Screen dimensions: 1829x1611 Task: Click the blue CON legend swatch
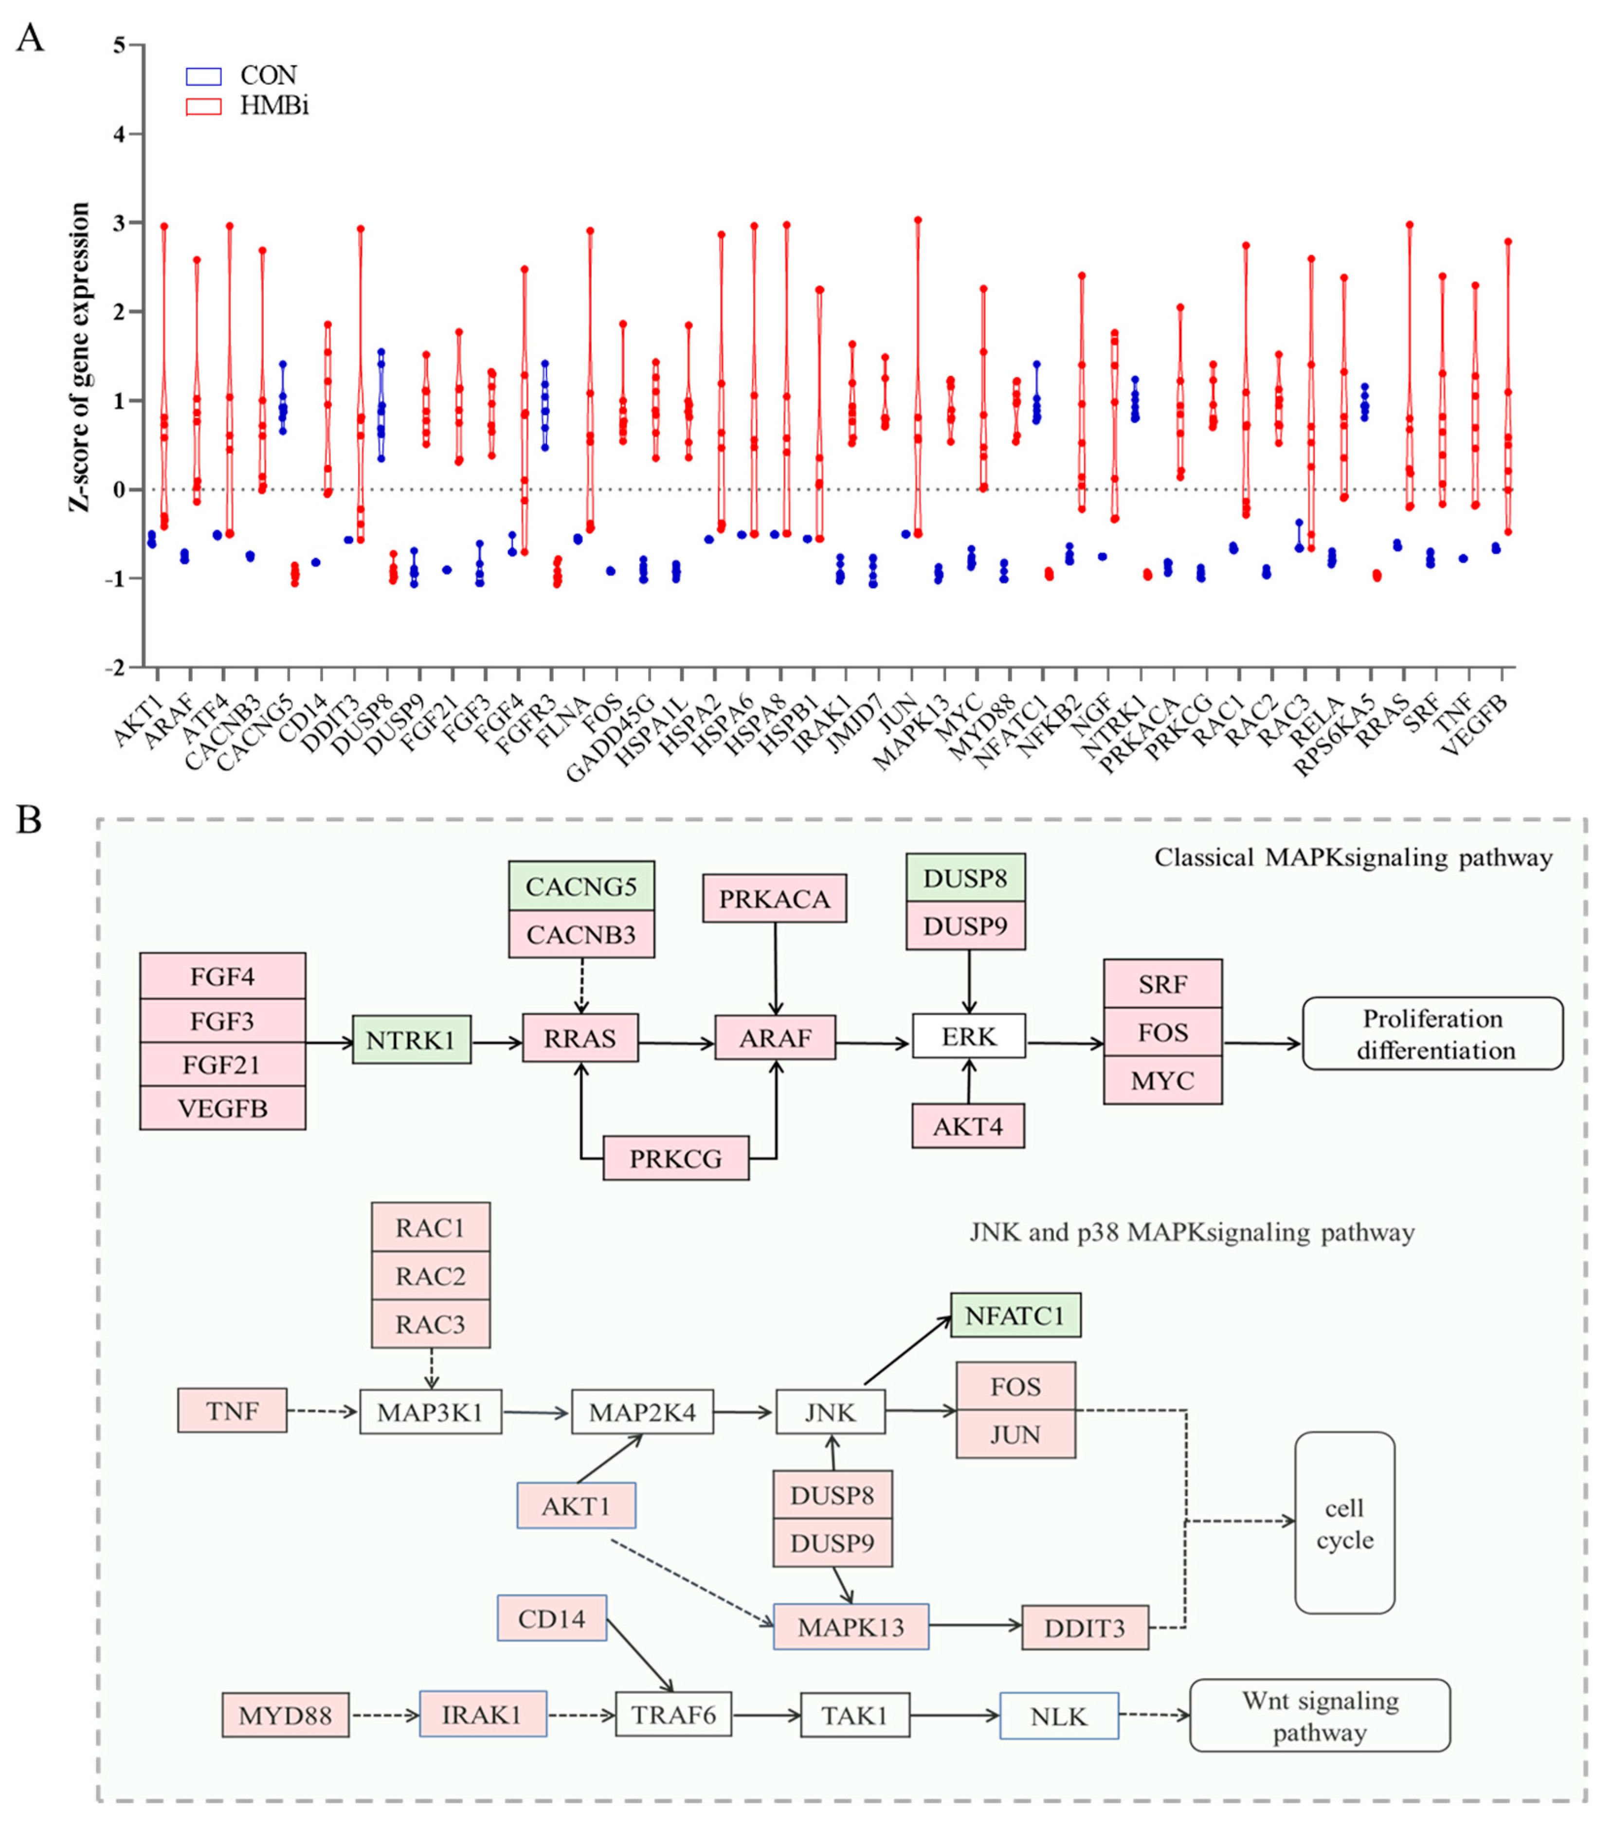[203, 76]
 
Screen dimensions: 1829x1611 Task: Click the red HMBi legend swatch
[203, 107]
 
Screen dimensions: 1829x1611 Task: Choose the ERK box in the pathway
[968, 1037]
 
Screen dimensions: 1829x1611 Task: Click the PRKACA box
[774, 898]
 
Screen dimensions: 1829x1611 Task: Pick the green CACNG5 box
[581, 886]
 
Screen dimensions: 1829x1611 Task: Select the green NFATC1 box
[1015, 1315]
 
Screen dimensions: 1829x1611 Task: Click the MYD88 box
[285, 1715]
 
